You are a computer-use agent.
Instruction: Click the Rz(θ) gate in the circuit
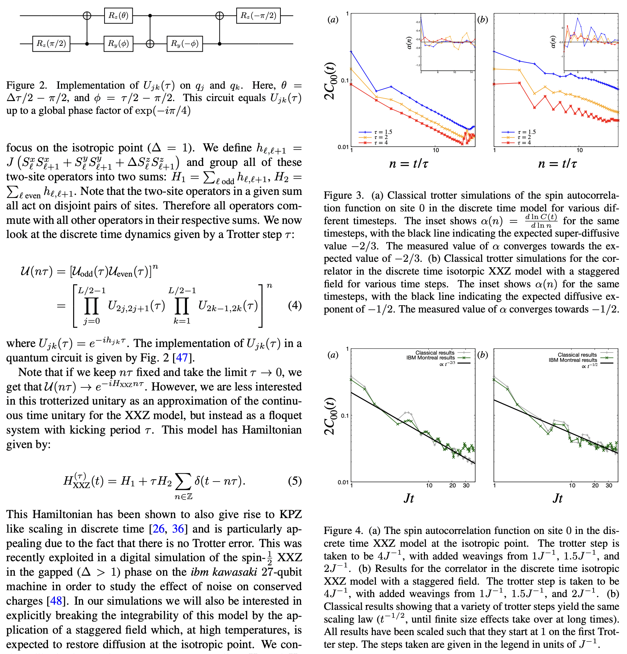pyautogui.click(x=118, y=16)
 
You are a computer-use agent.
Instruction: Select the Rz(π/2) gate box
pyautogui.click(x=51, y=43)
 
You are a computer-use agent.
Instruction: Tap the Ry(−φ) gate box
pyautogui.click(x=185, y=43)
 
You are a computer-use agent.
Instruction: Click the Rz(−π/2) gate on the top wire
pyautogui.click(x=258, y=16)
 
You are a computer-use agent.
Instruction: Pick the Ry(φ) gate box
pyautogui.click(x=118, y=43)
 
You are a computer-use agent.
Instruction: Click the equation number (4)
pyautogui.click(x=295, y=305)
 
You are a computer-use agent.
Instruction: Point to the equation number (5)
pyautogui.click(x=295, y=481)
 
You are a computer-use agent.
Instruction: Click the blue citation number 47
pyautogui.click(x=182, y=358)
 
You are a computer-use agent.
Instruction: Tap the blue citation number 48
pyautogui.click(x=56, y=601)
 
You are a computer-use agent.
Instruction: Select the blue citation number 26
pyautogui.click(x=158, y=528)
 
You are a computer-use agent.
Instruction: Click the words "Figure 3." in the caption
pyautogui.click(x=344, y=196)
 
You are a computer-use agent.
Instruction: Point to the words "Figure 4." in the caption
pyautogui.click(x=343, y=531)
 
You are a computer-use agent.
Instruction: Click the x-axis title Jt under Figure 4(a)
pyautogui.click(x=409, y=498)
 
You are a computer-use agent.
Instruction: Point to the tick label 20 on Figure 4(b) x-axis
pyautogui.click(x=595, y=485)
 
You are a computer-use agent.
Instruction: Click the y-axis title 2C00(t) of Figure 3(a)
pyautogui.click(x=330, y=81)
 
